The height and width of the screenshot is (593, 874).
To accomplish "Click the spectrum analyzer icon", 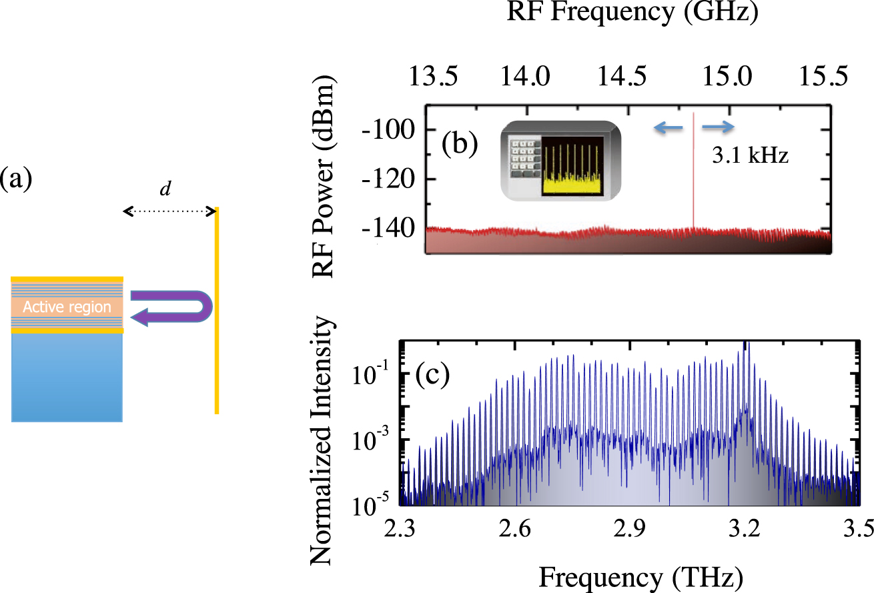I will (x=560, y=161).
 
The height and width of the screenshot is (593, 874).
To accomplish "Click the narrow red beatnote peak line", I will (x=694, y=173).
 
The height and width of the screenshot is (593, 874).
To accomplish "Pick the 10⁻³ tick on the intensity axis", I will (x=376, y=441).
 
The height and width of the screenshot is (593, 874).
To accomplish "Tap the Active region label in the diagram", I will (x=67, y=307).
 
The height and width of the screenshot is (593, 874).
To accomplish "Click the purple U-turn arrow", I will (x=171, y=308).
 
